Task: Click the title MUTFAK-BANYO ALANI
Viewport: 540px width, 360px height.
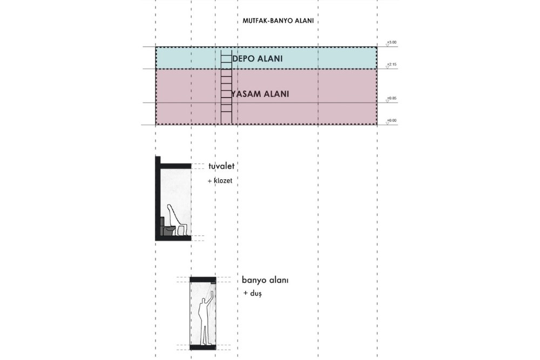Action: coord(278,22)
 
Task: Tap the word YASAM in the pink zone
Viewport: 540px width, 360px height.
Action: coord(246,94)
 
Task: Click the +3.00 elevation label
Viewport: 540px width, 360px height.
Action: coord(391,42)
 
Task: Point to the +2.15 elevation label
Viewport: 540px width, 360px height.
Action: coord(391,64)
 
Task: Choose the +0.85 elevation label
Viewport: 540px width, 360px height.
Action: coord(391,98)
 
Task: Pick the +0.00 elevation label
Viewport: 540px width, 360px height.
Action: coord(391,120)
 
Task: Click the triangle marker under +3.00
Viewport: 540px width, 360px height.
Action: coord(387,45)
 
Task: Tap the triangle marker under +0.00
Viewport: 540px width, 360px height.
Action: coord(387,124)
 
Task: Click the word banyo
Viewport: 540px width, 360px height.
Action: coord(254,281)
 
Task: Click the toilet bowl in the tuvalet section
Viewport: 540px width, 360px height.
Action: coord(169,230)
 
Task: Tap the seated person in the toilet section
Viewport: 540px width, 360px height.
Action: coord(176,219)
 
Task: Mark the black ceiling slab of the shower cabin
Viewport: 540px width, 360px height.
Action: coord(203,280)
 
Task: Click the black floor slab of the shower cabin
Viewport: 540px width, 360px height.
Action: coord(203,347)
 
